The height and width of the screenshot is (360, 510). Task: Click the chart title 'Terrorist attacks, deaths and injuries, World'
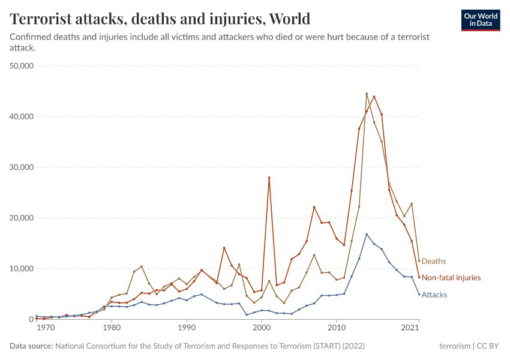pos(160,19)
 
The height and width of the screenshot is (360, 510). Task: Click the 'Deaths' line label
pos(433,261)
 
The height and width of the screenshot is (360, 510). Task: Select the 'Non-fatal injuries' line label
pos(451,278)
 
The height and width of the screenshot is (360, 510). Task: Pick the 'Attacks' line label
pos(434,295)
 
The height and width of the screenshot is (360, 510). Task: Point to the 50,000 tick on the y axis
pos(22,65)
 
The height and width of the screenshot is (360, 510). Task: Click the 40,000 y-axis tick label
pos(22,116)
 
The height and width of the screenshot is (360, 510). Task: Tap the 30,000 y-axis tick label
pos(22,167)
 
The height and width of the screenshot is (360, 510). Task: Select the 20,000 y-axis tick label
pos(22,218)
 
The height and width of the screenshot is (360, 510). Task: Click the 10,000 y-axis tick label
pos(22,268)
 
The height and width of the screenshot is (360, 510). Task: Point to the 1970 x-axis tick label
pos(44,328)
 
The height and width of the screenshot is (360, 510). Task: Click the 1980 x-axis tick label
pos(111,328)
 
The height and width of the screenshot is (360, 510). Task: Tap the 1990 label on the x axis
pos(187,328)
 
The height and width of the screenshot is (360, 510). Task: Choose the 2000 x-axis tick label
pos(262,328)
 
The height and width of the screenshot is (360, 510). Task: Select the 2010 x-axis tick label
pos(337,328)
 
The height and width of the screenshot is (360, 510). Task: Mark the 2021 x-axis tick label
pos(410,328)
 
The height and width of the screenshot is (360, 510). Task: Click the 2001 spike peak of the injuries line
pos(269,178)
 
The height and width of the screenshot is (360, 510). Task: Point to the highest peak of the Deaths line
pos(367,94)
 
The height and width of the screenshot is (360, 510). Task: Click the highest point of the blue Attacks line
pos(367,234)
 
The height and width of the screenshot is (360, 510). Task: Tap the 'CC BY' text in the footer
pos(488,346)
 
